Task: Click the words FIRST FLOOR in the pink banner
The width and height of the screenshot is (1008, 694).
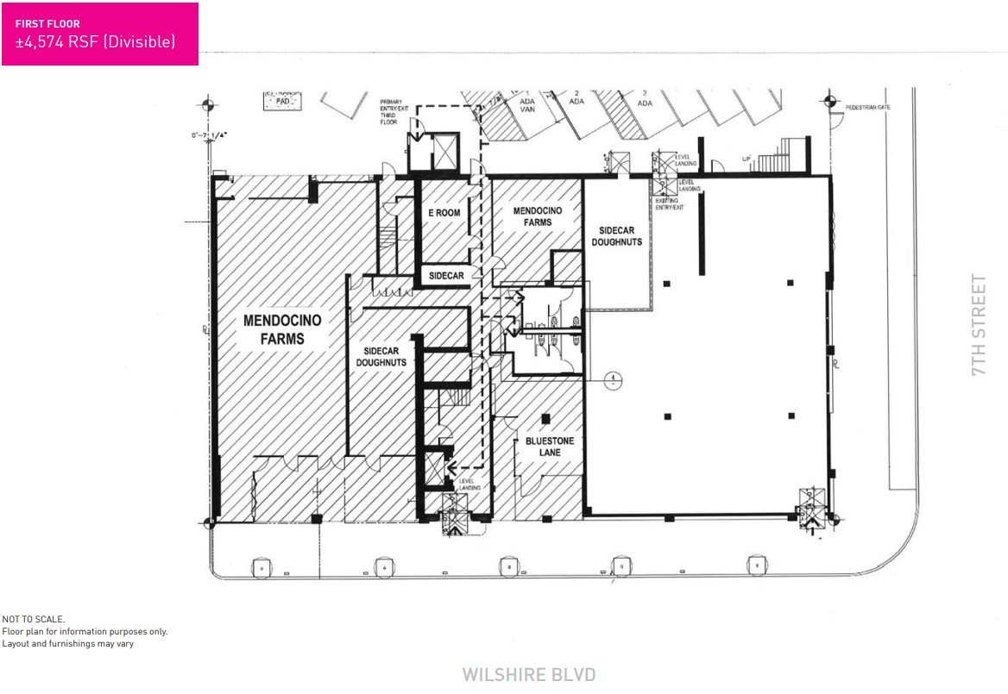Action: pyautogui.click(x=48, y=24)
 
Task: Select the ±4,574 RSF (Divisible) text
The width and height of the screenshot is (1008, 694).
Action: pyautogui.click(x=95, y=41)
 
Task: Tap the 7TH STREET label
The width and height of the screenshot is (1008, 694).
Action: pyautogui.click(x=977, y=325)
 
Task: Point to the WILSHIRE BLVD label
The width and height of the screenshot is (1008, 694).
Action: pyautogui.click(x=529, y=674)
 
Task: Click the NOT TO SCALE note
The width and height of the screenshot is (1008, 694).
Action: pyautogui.click(x=34, y=619)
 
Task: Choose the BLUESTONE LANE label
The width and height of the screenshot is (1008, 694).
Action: pyautogui.click(x=550, y=447)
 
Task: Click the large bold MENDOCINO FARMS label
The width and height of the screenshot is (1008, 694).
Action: pyautogui.click(x=281, y=329)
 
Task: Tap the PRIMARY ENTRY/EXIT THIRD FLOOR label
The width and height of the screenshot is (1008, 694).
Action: pyautogui.click(x=393, y=111)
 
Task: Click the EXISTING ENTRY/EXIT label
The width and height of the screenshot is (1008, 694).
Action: pyautogui.click(x=670, y=203)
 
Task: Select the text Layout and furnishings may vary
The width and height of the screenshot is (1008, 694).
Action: pyautogui.click(x=67, y=643)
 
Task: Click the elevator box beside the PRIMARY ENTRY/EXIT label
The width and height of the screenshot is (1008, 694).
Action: pyautogui.click(x=443, y=152)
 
